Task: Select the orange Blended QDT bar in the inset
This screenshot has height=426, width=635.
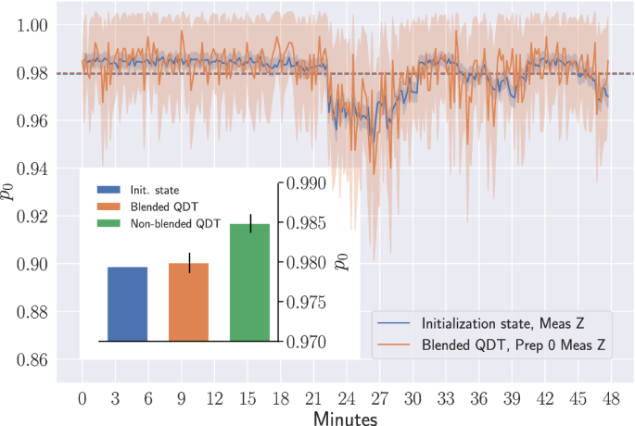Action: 188,302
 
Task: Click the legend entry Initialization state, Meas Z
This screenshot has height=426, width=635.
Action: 502,324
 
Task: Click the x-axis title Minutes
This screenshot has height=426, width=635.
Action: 344,419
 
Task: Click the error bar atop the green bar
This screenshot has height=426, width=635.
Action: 250,223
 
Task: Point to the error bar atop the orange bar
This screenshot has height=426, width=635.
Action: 189,262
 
